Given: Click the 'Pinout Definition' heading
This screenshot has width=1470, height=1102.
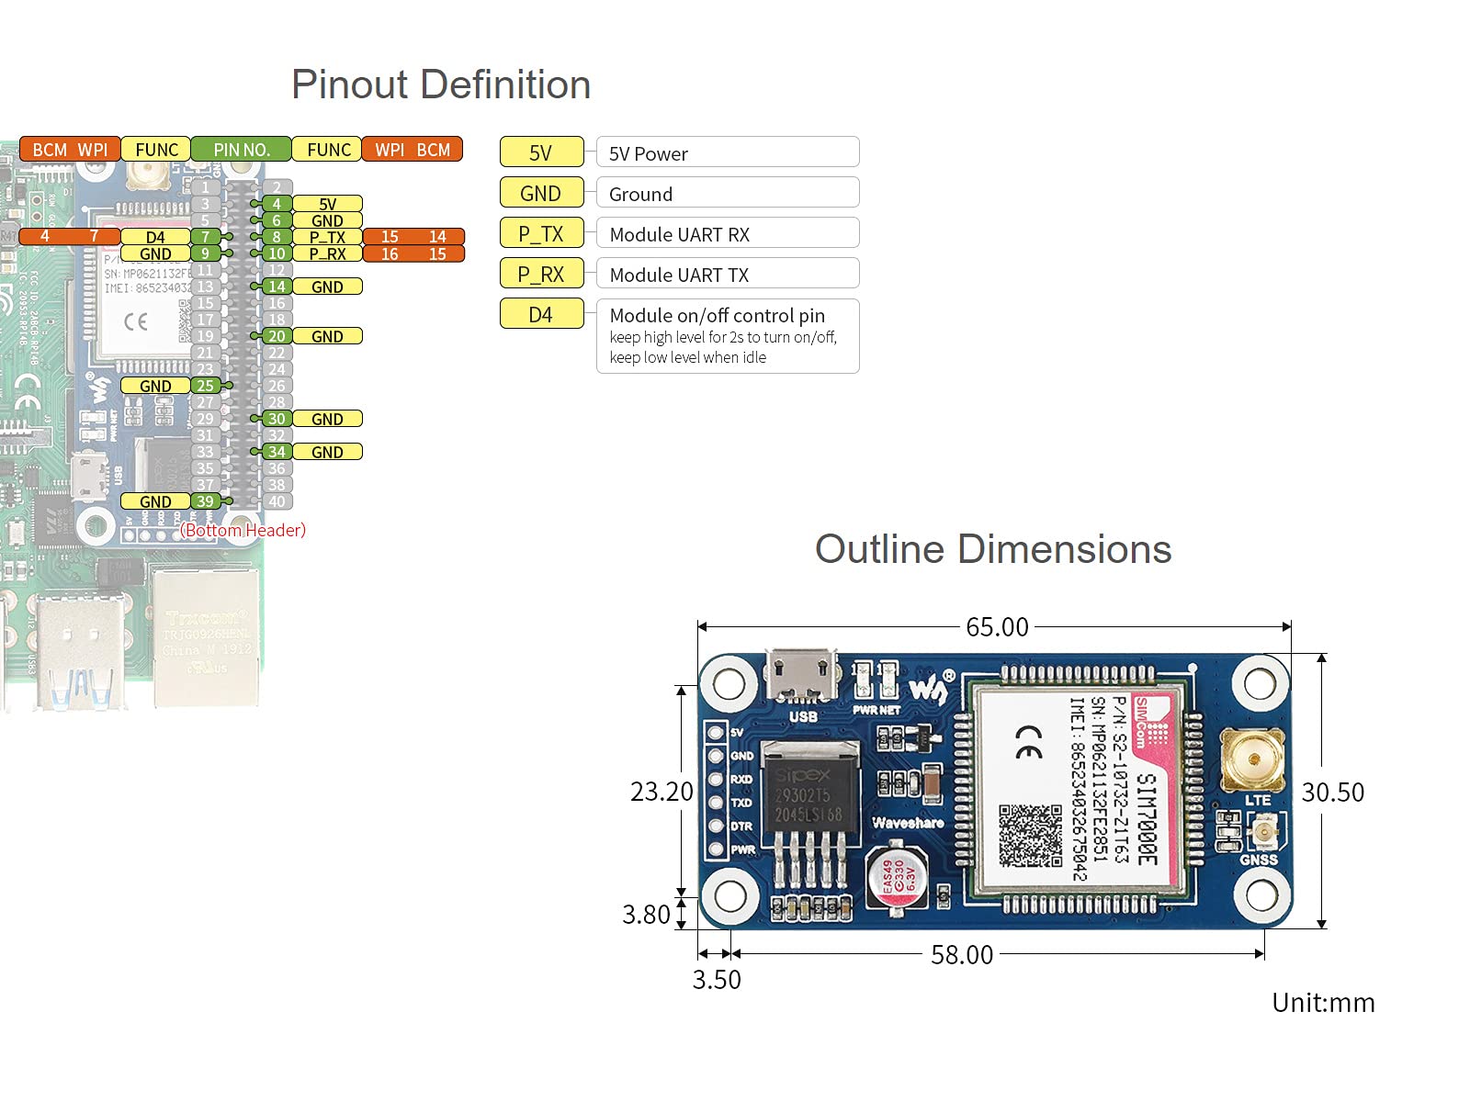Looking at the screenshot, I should pyautogui.click(x=441, y=84).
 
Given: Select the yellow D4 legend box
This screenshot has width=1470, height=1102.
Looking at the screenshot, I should pyautogui.click(x=541, y=314).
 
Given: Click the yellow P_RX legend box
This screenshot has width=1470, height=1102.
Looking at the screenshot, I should pyautogui.click(x=541, y=274).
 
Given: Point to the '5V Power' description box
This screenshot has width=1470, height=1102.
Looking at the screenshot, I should pyautogui.click(x=727, y=152).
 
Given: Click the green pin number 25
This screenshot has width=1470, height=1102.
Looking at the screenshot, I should pyautogui.click(x=205, y=386).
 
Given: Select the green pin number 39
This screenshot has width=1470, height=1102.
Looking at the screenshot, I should pyautogui.click(x=205, y=501).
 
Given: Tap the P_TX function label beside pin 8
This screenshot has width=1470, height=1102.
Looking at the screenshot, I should pyautogui.click(x=327, y=237).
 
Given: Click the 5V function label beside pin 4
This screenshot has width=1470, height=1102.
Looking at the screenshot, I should pyautogui.click(x=327, y=204).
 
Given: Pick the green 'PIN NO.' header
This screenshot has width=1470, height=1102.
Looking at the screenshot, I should pyautogui.click(x=241, y=149).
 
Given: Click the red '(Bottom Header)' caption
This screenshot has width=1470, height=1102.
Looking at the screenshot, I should pyautogui.click(x=243, y=530).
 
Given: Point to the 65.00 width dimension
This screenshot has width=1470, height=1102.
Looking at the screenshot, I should pyautogui.click(x=997, y=627).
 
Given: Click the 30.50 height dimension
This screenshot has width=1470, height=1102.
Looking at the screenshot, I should pyautogui.click(x=1332, y=792).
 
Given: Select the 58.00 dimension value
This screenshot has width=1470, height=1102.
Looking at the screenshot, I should pyautogui.click(x=962, y=955).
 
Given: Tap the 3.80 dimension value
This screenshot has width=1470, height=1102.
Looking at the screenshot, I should pyautogui.click(x=646, y=915).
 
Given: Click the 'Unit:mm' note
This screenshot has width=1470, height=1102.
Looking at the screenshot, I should pyautogui.click(x=1323, y=1002).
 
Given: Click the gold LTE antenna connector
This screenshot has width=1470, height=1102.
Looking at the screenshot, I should pyautogui.click(x=1251, y=759).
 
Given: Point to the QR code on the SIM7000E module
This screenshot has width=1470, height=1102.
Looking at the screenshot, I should pyautogui.click(x=1030, y=835).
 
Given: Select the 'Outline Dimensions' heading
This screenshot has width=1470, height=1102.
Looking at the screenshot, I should pyautogui.click(x=993, y=549).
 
